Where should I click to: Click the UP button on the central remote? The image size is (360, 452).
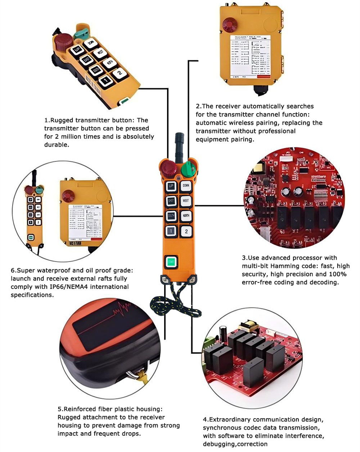[171, 186]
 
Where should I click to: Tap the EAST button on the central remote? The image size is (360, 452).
[171, 201]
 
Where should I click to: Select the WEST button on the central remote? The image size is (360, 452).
[186, 201]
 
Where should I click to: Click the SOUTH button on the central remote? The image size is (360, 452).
[171, 216]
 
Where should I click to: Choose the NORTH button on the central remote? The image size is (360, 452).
[186, 216]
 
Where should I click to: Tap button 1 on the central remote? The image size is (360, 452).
[171, 231]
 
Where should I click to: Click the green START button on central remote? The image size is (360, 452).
[171, 261]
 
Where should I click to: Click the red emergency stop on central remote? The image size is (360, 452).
[168, 168]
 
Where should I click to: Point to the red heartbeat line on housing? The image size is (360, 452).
[121, 310]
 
